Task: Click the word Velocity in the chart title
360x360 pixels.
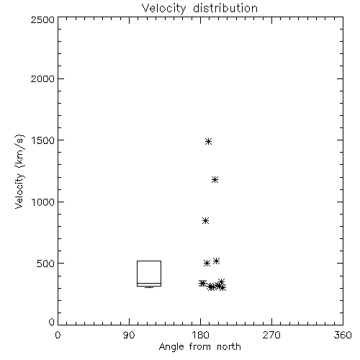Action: (164, 9)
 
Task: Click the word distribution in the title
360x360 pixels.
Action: (225, 8)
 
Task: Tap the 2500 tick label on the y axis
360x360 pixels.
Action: (42, 19)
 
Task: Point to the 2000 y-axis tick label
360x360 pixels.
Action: (42, 78)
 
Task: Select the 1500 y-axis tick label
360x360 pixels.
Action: (43, 140)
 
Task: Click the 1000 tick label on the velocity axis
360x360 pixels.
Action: (43, 202)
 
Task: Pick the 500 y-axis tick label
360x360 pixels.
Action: (46, 264)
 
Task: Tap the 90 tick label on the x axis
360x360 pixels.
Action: (129, 335)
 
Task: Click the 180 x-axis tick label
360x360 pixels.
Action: (200, 335)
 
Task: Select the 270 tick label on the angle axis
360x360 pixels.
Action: (271, 335)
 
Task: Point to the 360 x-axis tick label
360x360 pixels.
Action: (343, 335)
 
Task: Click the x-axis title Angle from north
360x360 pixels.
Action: (200, 347)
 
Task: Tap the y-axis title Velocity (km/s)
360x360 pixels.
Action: (19, 171)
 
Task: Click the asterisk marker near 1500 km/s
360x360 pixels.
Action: (208, 141)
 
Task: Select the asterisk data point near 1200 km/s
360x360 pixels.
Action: (215, 179)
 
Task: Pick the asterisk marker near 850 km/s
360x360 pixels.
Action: (205, 220)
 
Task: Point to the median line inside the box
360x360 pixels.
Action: (149, 283)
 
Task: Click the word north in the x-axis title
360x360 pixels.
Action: (229, 347)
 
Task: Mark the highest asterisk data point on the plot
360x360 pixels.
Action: (208, 141)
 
